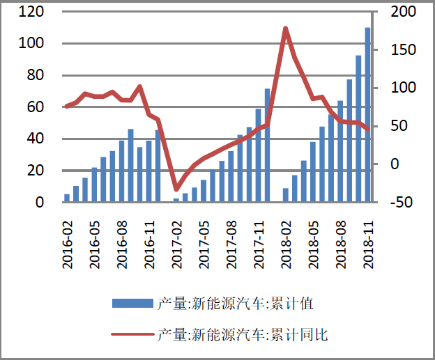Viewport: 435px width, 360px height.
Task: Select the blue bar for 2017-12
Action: (x=267, y=146)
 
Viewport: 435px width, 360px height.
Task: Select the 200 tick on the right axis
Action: (x=402, y=12)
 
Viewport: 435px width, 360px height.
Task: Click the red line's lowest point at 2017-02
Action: (x=176, y=189)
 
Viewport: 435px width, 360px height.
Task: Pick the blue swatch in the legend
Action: (x=132, y=303)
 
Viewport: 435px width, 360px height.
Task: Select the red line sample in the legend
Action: (x=132, y=334)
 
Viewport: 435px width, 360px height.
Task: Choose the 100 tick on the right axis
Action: (x=402, y=88)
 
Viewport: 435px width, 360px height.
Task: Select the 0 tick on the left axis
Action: (x=40, y=203)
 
